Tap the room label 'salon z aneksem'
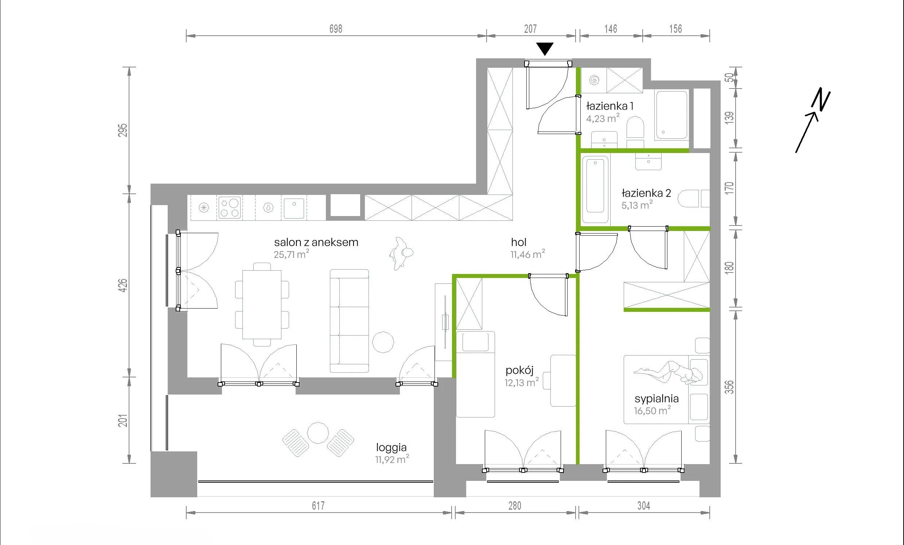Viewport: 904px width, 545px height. coord(316,242)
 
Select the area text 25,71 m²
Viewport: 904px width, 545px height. coord(291,254)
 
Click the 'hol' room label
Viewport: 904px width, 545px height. coord(519,242)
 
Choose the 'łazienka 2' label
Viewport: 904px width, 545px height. coord(646,193)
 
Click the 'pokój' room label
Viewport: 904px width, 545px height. coord(519,371)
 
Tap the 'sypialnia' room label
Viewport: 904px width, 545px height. coord(657,399)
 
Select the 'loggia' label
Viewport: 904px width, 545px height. coord(391,447)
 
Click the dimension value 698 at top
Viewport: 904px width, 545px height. coord(336,29)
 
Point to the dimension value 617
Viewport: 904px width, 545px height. coord(318,506)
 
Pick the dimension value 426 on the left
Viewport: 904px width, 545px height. coord(123,285)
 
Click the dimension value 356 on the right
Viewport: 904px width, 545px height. coord(730,387)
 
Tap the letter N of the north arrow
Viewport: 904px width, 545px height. coord(822,100)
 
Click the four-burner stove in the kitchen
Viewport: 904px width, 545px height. coord(229,208)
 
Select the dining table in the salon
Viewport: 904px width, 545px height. coord(262,305)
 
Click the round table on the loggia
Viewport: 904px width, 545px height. coord(318,433)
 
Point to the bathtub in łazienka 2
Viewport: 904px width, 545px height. coord(596,189)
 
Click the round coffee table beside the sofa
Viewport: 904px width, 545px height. coord(383,342)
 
